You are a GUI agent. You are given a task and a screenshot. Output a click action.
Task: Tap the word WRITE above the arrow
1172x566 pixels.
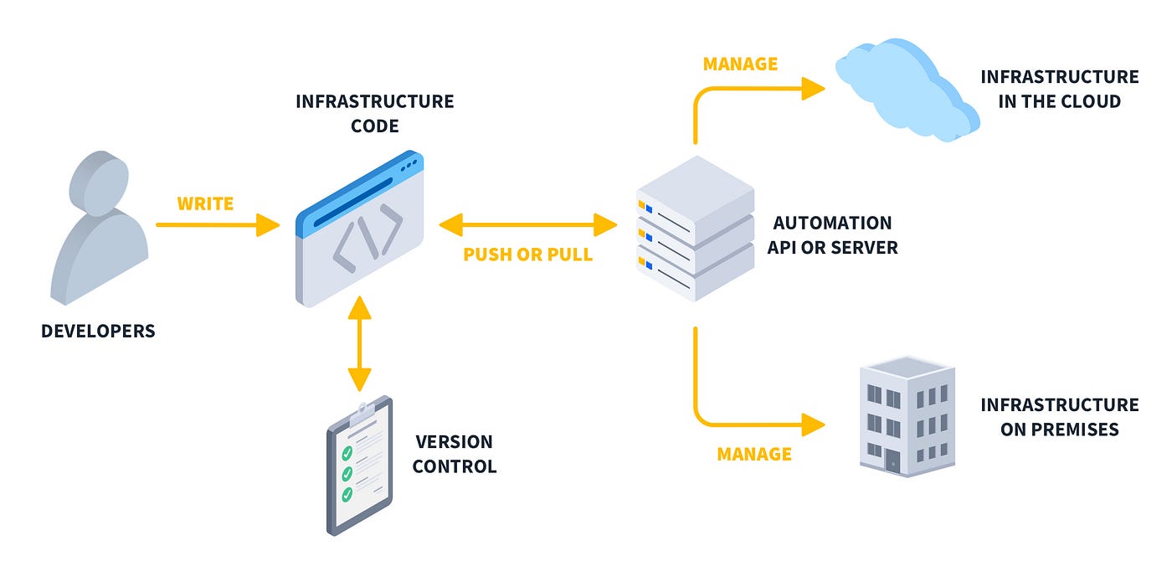[205, 203]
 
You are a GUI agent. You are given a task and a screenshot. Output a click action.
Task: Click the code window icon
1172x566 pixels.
[359, 229]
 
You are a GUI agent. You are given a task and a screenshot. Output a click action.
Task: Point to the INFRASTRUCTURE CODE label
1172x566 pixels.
[375, 114]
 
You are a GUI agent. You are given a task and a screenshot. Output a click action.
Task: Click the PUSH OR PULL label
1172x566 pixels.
[528, 255]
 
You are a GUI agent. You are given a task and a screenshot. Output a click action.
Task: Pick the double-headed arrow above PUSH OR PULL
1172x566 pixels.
[528, 225]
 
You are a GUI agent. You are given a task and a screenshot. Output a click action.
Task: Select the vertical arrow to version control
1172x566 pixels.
[359, 343]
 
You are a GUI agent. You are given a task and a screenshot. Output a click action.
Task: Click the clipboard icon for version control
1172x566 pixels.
[359, 466]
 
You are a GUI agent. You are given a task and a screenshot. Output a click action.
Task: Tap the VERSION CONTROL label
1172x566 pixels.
[454, 454]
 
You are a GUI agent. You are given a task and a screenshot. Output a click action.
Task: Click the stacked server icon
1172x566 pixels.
[696, 229]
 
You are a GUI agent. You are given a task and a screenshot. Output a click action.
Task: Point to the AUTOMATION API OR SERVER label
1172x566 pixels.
[832, 235]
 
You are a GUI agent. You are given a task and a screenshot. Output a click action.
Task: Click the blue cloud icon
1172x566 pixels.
[907, 90]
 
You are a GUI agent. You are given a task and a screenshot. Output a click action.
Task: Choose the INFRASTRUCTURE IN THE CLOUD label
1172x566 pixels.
[1060, 89]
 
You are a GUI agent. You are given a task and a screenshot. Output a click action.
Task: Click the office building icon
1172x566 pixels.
[907, 416]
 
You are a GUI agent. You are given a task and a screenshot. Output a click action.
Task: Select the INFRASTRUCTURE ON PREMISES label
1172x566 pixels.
[1060, 417]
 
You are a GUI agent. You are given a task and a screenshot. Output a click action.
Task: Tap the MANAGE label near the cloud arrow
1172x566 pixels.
[740, 64]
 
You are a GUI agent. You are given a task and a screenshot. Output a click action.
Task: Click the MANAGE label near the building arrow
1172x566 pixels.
[754, 454]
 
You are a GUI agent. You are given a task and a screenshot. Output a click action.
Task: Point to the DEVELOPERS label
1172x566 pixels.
[99, 331]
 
